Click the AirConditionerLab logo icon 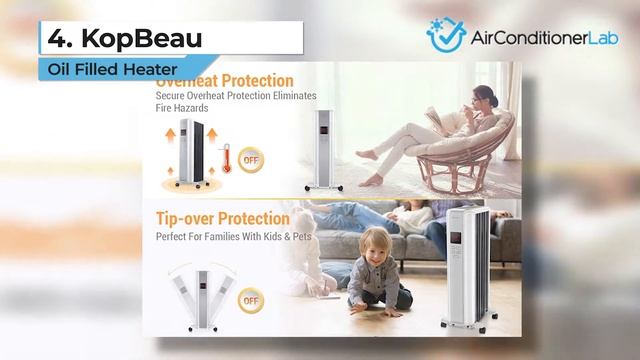[x=446, y=34]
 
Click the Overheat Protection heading [x=230, y=80]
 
